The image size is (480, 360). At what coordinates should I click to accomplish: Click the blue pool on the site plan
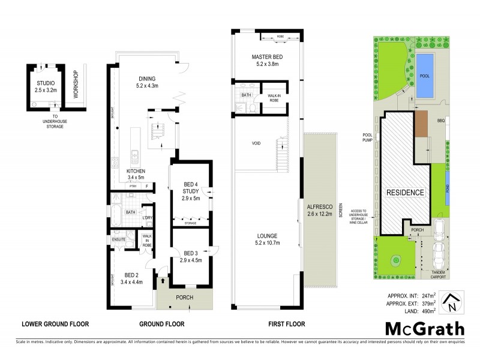pyautogui.click(x=425, y=76)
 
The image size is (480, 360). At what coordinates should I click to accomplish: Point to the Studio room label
pyautogui.click(x=46, y=86)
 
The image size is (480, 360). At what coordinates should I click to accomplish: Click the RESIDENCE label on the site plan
pyautogui.click(x=405, y=193)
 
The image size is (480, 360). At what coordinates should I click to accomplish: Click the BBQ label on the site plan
pyautogui.click(x=441, y=120)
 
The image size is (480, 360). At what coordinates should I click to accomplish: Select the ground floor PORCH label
pyautogui.click(x=184, y=296)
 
